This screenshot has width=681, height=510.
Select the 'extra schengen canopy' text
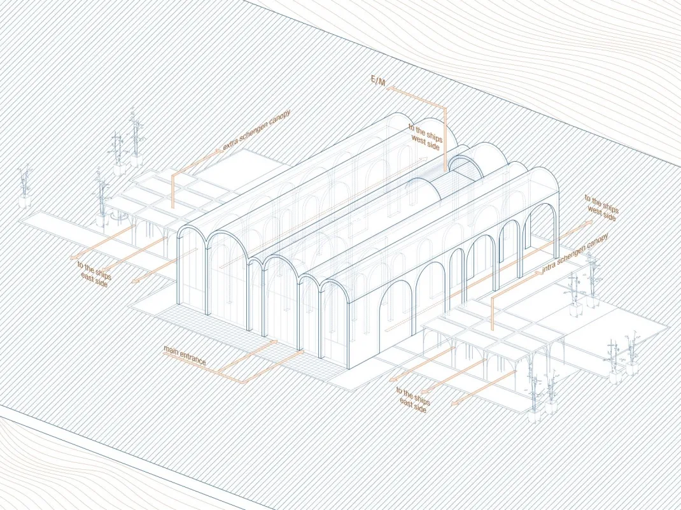[256, 131]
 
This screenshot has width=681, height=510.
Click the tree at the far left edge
[25, 181]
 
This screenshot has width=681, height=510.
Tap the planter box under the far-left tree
[25, 202]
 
